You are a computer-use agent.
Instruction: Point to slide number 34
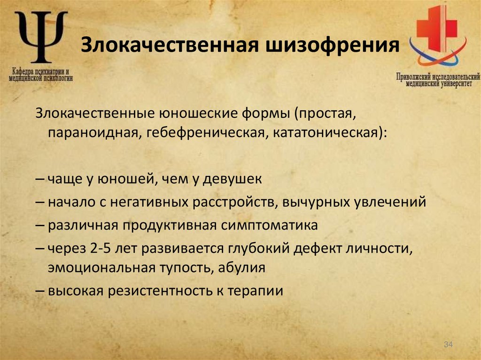pos(448,345)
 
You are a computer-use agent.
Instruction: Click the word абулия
pos(244,268)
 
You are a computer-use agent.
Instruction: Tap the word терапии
pos(256,291)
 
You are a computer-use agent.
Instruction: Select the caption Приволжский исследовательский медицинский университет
pos(437,80)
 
